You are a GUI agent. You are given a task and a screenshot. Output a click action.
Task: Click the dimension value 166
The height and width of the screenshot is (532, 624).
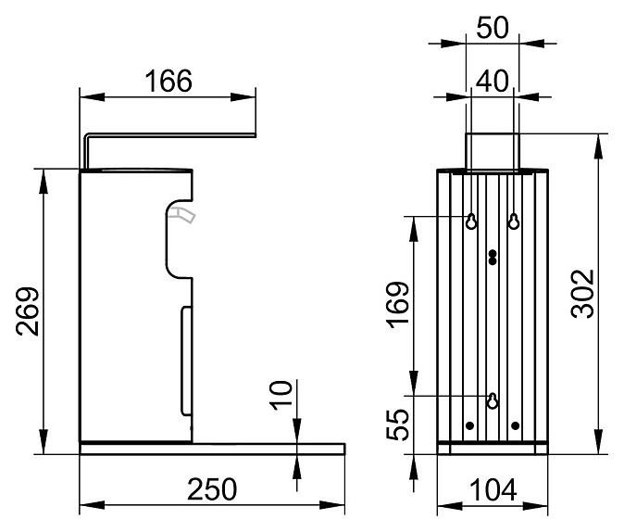pos(168,82)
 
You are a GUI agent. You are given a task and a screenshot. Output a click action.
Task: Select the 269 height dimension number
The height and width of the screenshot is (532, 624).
pos(28,311)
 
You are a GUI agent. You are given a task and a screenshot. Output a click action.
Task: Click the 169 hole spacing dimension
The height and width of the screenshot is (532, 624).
pos(396,305)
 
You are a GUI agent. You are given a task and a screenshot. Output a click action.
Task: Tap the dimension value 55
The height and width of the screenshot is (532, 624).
pos(396,425)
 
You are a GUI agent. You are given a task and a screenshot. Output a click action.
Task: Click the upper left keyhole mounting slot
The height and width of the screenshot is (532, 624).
pos(471,222)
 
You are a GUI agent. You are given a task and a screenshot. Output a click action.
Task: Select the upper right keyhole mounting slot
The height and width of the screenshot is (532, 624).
pos(514,222)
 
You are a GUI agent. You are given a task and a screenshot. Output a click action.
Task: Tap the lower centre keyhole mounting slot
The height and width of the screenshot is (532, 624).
pos(493,400)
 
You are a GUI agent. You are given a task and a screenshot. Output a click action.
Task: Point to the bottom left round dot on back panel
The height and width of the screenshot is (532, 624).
pos(470,425)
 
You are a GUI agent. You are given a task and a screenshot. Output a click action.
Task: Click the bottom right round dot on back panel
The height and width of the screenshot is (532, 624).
pos(515,425)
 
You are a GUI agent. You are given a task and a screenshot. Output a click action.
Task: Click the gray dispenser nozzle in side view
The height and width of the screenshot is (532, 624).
pos(181,215)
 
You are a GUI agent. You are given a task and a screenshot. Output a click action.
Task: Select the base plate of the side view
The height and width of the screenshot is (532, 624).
pos(211,449)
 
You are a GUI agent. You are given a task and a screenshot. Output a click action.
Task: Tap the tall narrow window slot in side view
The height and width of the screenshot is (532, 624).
pos(183,361)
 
